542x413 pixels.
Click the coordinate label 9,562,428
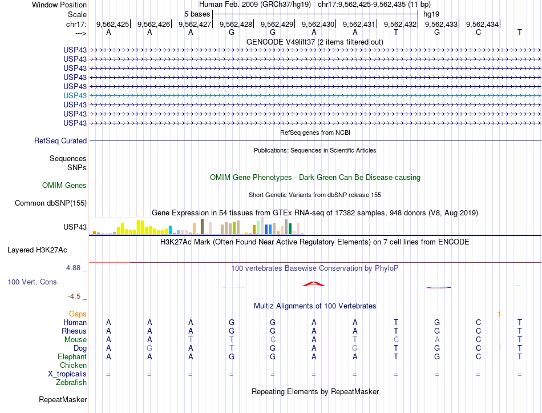tap(236, 24)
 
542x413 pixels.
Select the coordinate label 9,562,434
tap(482, 24)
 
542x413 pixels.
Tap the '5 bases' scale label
tap(197, 13)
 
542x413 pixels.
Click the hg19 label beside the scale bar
tap(431, 13)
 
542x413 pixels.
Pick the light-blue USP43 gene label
tap(75, 95)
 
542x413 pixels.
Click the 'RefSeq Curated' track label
tap(60, 141)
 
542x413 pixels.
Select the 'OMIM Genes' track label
tap(64, 185)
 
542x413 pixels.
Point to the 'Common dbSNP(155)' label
tap(51, 203)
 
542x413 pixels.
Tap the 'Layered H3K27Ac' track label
tap(37, 250)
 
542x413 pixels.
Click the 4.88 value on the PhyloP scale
tap(75, 267)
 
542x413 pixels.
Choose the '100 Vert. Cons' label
tap(33, 282)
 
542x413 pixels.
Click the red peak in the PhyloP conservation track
tap(314, 283)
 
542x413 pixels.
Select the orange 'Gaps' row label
tap(78, 314)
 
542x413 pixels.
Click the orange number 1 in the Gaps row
tap(499, 314)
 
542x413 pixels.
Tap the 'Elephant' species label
tap(72, 356)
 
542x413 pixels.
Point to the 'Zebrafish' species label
tap(71, 382)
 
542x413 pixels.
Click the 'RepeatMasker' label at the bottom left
tap(63, 399)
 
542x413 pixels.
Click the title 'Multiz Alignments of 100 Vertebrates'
tap(315, 306)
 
